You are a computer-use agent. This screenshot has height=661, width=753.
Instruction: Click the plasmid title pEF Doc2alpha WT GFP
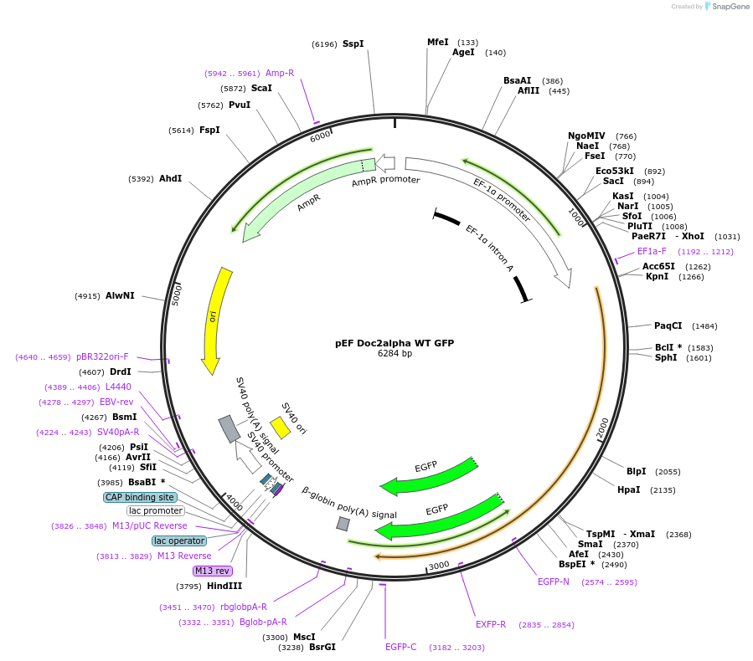(394, 343)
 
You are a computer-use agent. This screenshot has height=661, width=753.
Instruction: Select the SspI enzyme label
(353, 44)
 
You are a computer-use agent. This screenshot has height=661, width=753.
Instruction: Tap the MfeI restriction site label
(438, 42)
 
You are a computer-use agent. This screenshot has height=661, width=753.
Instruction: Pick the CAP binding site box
(140, 497)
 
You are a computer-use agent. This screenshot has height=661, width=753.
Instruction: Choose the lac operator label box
(179, 541)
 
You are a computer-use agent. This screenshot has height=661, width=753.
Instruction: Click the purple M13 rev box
(212, 571)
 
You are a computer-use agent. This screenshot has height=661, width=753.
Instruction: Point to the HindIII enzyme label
(224, 586)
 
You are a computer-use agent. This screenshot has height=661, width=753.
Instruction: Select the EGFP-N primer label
(553, 582)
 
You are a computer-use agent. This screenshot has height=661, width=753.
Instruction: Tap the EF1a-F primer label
(652, 251)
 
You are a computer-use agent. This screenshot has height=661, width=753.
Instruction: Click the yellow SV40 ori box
(280, 427)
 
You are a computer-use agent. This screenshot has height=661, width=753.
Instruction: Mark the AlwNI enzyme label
(121, 295)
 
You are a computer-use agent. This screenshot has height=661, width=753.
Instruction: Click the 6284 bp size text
(395, 354)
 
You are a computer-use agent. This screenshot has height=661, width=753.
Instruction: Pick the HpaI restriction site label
(628, 489)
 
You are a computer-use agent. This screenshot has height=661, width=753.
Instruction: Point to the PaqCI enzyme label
(668, 325)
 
